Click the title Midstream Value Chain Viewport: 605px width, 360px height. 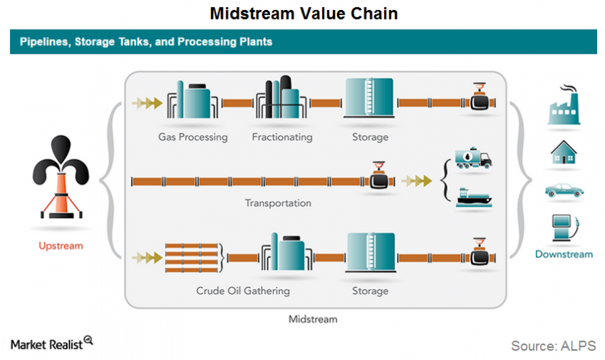pyautogui.click(x=303, y=14)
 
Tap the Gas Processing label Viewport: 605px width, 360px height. pyautogui.click(x=193, y=137)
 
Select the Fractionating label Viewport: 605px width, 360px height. pyautogui.click(x=282, y=137)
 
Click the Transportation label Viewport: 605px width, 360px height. pyautogui.click(x=278, y=203)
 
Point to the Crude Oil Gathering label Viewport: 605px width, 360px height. pyautogui.click(x=243, y=291)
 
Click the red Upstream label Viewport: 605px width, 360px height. pyautogui.click(x=60, y=246)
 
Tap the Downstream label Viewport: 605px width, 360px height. pyautogui.click(x=564, y=253)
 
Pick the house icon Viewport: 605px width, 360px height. pyautogui.click(x=564, y=153)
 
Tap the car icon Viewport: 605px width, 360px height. pyautogui.click(x=564, y=191)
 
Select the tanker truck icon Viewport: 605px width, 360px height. pyautogui.click(x=474, y=158)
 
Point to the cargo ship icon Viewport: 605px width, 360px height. pyautogui.click(x=474, y=196)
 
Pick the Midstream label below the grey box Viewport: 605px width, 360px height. pyautogui.click(x=313, y=318)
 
